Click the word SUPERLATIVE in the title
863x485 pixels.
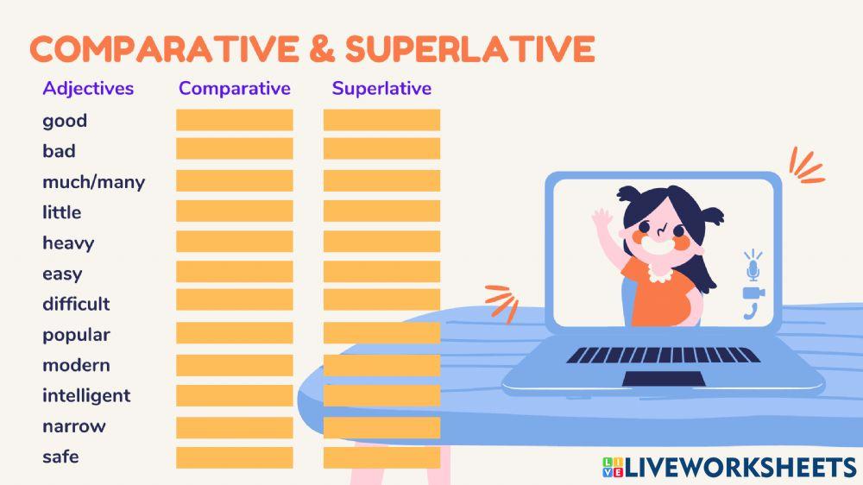coord(470,48)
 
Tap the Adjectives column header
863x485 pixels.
coord(88,89)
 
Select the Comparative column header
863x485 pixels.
coord(235,88)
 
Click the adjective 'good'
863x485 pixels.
coord(65,121)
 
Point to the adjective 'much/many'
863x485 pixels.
coord(93,182)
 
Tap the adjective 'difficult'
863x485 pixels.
coord(76,304)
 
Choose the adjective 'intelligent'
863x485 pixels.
coord(86,396)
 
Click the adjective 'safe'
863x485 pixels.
coord(60,457)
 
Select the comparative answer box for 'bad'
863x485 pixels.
coord(235,148)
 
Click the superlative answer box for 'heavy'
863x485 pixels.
coord(382,241)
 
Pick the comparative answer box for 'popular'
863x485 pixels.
coord(235,333)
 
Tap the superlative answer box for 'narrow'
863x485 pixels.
coord(382,428)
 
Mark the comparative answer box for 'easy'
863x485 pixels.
coord(235,271)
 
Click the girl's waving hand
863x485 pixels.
coord(602,219)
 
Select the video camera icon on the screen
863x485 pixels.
coord(753,293)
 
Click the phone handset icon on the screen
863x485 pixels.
coord(751,312)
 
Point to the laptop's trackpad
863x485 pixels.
coord(664,379)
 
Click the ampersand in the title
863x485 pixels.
coord(322,48)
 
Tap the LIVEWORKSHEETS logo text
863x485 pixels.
coord(740,468)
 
